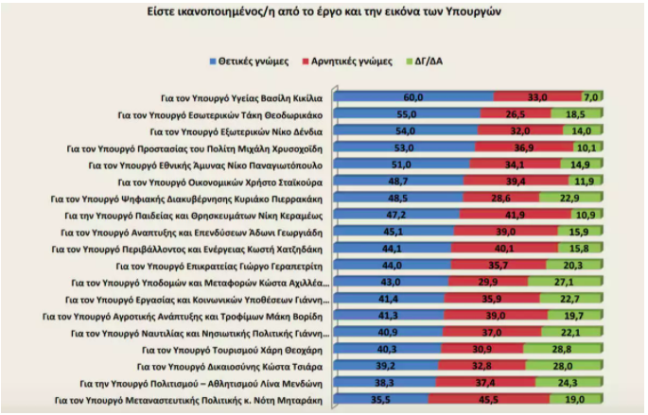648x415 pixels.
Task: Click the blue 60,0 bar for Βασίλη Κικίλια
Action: (413, 97)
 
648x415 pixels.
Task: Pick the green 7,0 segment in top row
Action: (592, 97)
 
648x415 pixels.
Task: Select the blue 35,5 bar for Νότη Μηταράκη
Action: (382, 399)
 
